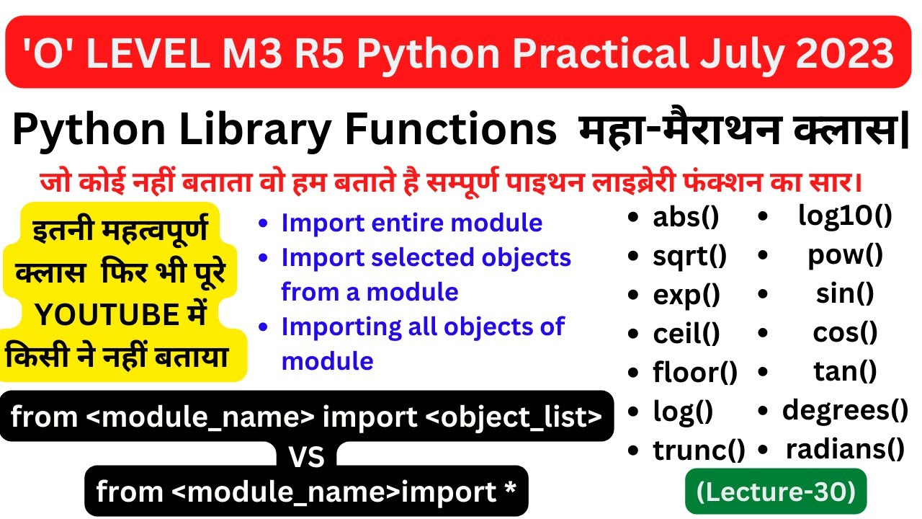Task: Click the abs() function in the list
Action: [686, 218]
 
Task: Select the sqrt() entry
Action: [690, 256]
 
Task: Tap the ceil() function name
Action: [686, 334]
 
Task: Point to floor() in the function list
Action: [695, 373]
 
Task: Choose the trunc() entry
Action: [699, 451]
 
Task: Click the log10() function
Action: [845, 216]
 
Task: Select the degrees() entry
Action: [845, 410]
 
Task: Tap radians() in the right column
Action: [845, 449]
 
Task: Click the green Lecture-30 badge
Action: [775, 492]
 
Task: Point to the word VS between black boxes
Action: [307, 456]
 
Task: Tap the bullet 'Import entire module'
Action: [411, 223]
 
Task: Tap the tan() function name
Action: [845, 371]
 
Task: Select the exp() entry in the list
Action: [686, 295]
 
